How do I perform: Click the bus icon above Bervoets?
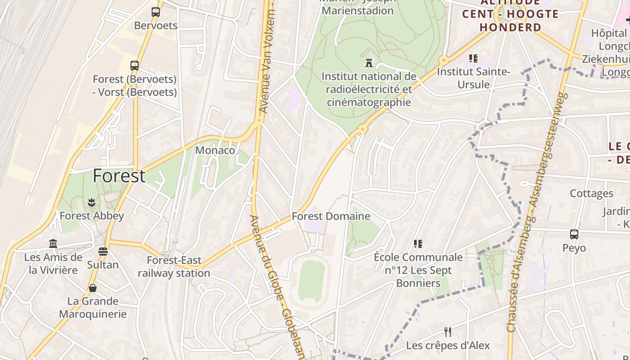coord(156,12)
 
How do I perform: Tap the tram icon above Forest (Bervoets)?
coord(135,66)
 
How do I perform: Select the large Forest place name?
coord(119,176)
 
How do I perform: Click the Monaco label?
coord(215,150)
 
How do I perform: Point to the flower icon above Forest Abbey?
coord(92,202)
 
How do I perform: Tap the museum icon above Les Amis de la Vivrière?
coord(53,243)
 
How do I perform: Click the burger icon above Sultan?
coord(103,251)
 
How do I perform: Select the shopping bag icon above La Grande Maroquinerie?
coord(93,288)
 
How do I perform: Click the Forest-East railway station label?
coord(174,267)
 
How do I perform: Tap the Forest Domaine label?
coord(331,216)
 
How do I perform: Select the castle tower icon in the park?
coord(369,63)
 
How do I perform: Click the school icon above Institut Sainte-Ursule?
coord(473,58)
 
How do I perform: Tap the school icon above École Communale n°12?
coord(418,244)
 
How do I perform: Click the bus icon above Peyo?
coord(574,234)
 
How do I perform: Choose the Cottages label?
coord(591,193)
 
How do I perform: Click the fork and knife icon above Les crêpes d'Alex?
coord(448,332)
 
